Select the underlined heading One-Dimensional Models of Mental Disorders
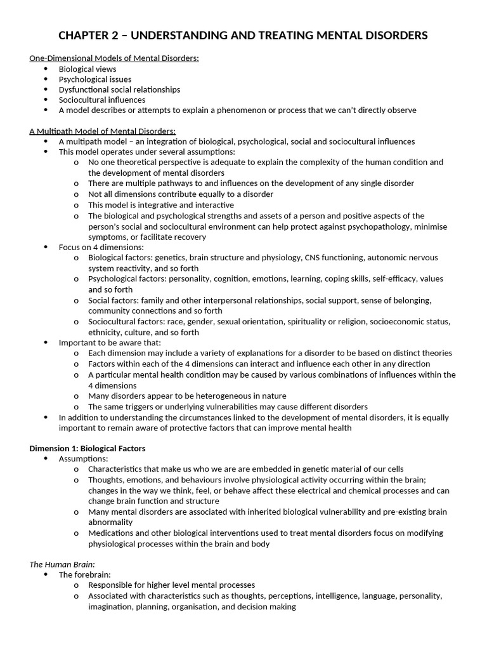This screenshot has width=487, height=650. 114,58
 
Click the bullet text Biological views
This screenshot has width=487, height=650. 88,69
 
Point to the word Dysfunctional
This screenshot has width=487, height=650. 84,90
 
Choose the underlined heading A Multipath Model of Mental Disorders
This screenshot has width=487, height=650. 103,131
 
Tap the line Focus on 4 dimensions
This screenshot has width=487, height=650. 101,247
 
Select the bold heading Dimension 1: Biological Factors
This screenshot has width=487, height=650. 88,448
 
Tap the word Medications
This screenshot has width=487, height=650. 111,533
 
